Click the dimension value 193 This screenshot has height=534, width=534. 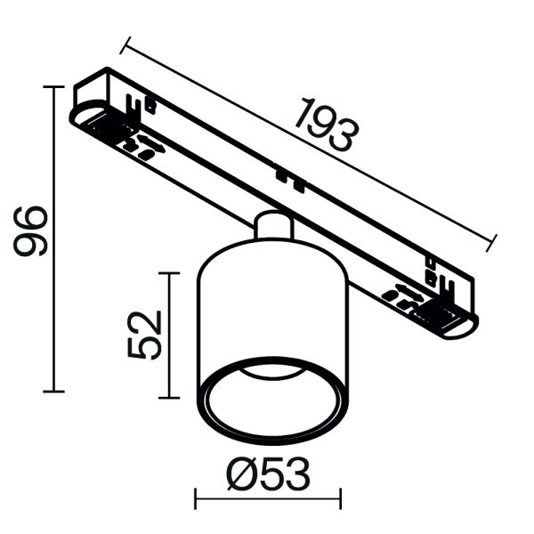[x=327, y=125]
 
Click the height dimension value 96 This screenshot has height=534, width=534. [x=31, y=231]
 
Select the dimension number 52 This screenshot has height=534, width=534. [x=145, y=334]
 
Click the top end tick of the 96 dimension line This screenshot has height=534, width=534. [x=55, y=87]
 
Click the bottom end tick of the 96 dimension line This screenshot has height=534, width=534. [x=55, y=391]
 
